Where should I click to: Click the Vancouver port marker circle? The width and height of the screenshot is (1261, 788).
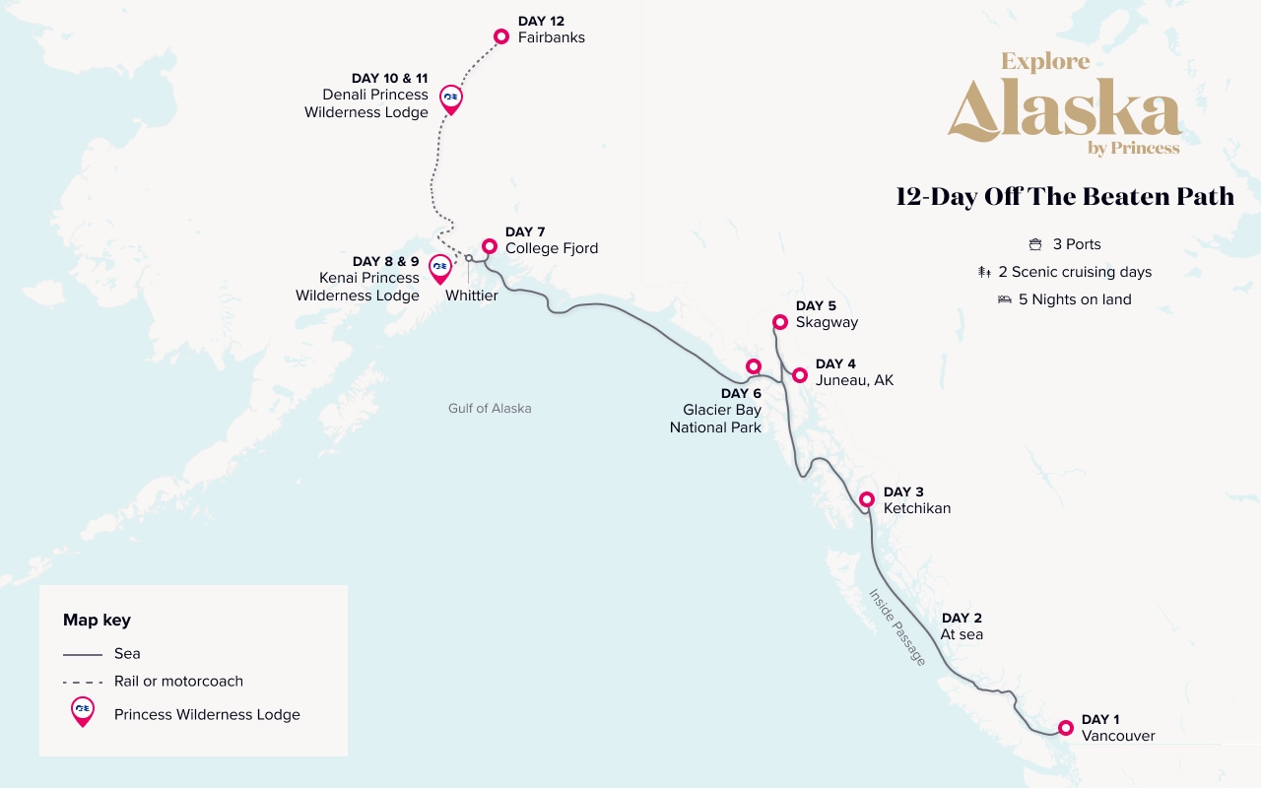click(1065, 728)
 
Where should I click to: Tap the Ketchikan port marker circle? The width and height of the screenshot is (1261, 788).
click(867, 499)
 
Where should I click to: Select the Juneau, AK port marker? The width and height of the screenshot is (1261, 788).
click(800, 375)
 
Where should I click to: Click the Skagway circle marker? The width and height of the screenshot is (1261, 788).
click(779, 322)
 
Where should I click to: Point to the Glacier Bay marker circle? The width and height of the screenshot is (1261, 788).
click(754, 366)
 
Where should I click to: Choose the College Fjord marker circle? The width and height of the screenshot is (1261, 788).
click(490, 246)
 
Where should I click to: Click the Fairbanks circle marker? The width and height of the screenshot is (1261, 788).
click(501, 36)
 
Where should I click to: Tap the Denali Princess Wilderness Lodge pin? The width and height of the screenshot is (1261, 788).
click(450, 98)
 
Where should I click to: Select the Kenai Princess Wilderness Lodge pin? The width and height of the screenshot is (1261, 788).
click(440, 268)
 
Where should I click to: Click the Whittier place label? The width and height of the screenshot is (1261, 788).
click(471, 295)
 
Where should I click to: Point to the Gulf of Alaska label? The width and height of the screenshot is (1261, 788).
click(490, 408)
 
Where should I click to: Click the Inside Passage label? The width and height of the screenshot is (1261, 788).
click(896, 627)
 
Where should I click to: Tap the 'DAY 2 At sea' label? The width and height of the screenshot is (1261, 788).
click(962, 626)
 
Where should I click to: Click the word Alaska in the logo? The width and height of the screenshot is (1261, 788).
click(1064, 110)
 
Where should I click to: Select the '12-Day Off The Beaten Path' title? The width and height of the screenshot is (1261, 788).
click(1064, 197)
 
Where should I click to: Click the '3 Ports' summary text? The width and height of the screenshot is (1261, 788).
click(1077, 244)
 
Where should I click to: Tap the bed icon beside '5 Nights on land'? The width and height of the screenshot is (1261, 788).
click(1005, 299)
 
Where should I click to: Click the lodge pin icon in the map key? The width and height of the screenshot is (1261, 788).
click(83, 712)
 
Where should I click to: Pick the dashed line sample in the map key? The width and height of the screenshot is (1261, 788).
click(83, 682)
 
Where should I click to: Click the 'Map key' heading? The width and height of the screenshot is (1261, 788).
click(97, 620)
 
